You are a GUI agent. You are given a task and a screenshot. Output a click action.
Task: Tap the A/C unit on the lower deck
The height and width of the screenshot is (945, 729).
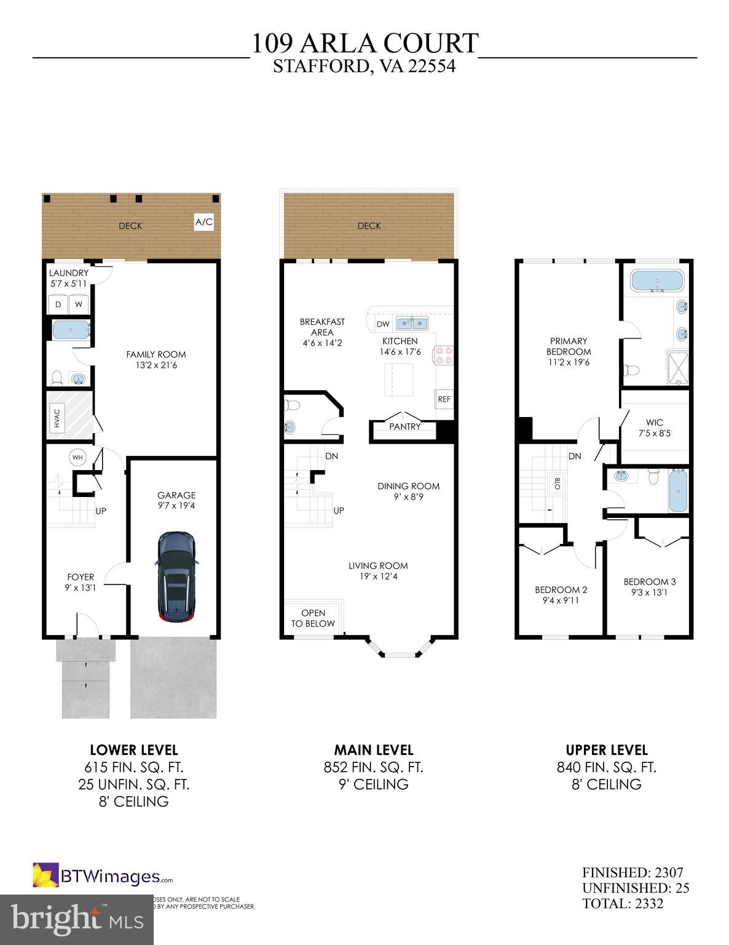(x=204, y=222)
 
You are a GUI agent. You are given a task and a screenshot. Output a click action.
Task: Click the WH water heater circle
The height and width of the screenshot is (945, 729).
(x=77, y=457)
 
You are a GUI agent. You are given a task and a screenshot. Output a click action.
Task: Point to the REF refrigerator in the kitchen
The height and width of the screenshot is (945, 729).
(x=444, y=399)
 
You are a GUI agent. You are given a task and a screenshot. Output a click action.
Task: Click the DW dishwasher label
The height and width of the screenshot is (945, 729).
(x=382, y=324)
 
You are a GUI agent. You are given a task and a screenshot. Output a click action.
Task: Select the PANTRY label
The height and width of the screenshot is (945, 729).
(x=404, y=426)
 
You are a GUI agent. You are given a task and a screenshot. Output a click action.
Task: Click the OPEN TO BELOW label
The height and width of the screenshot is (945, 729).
(x=313, y=618)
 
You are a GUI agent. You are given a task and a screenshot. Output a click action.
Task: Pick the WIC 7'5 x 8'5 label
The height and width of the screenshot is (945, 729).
(x=654, y=428)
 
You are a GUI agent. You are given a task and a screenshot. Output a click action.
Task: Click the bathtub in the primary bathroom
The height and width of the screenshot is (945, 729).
(x=656, y=282)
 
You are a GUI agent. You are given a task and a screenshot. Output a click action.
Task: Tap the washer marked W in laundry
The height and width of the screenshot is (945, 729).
(x=79, y=304)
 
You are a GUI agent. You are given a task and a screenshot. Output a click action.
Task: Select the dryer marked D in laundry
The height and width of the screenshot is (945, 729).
(x=58, y=304)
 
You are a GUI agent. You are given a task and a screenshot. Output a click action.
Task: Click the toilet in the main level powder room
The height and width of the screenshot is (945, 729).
(x=293, y=405)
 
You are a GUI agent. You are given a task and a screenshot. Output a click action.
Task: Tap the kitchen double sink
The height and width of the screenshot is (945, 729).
(x=412, y=323)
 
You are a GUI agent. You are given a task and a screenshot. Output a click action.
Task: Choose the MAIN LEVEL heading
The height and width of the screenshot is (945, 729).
(x=373, y=750)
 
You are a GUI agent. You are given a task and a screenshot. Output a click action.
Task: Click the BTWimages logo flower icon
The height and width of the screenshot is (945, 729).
(x=45, y=875)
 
